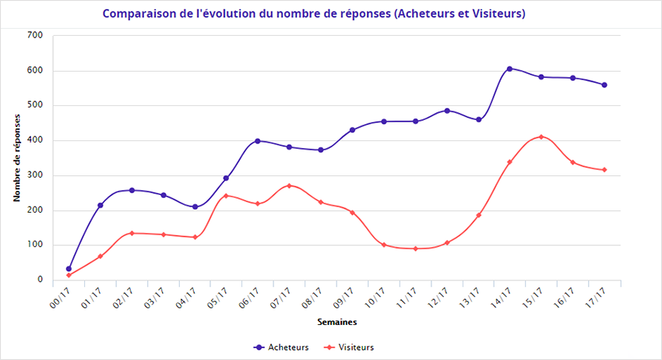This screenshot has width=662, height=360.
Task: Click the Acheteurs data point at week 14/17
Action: pos(509,69)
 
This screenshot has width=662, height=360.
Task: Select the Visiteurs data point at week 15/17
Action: pos(541,137)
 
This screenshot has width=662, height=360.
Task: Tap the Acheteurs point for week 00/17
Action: pos(69,269)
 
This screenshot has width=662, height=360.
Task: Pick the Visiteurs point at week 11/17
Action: pos(415,249)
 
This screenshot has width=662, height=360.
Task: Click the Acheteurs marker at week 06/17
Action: pos(258,141)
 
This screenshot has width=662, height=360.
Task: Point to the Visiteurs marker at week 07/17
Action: pos(289,185)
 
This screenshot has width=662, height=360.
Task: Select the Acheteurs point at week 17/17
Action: pos(604,85)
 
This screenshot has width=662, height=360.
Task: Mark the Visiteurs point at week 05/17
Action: pos(226,196)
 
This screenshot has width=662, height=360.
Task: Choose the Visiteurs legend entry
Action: pos(349,347)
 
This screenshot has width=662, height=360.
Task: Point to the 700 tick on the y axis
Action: pos(34,36)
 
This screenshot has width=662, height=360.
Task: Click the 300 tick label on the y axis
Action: pos(34,175)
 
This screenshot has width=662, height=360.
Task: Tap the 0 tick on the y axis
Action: pos(39,280)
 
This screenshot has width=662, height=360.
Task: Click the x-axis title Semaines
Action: pos(337,321)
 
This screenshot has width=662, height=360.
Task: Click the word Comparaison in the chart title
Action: pos(136,14)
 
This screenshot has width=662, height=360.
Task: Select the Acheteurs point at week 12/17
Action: pos(446,111)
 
